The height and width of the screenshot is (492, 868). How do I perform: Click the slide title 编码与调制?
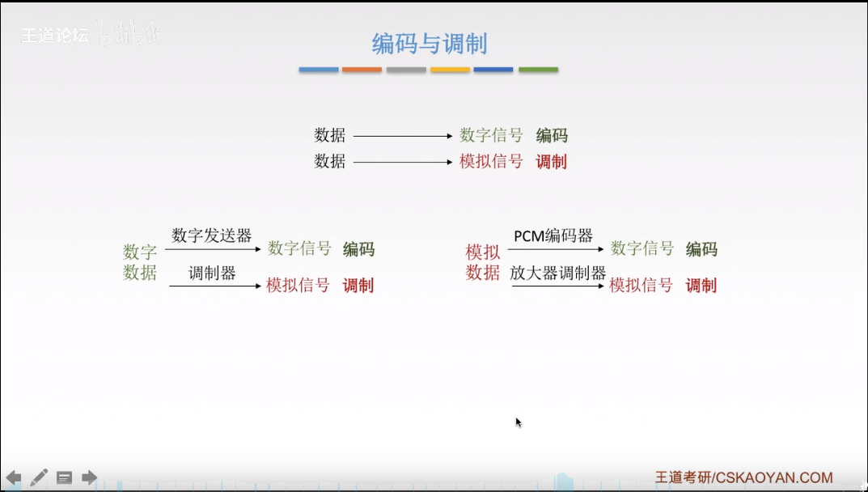click(x=429, y=43)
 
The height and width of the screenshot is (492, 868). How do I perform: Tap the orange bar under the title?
click(x=362, y=70)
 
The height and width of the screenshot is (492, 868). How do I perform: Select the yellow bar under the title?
click(x=450, y=70)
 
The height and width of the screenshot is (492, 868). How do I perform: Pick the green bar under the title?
click(x=538, y=70)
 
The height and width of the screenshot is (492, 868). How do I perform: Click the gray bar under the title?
click(x=406, y=70)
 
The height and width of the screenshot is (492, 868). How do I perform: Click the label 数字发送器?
click(x=212, y=235)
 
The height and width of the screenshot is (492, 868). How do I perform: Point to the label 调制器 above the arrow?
click(x=212, y=273)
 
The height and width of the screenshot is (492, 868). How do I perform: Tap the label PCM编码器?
click(x=553, y=235)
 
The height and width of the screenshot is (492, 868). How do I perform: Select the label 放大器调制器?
click(x=557, y=273)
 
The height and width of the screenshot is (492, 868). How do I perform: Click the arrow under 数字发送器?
click(x=214, y=249)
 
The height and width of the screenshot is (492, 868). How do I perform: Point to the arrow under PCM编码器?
click(x=556, y=249)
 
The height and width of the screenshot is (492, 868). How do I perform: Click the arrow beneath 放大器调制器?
click(x=558, y=286)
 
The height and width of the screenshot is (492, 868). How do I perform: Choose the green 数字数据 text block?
click(x=140, y=262)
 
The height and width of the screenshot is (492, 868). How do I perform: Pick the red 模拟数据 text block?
click(x=483, y=262)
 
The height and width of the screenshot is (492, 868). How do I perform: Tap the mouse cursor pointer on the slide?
click(x=518, y=422)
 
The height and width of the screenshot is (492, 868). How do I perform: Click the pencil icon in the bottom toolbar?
click(x=39, y=477)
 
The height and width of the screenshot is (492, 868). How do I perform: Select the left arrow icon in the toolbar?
click(x=14, y=477)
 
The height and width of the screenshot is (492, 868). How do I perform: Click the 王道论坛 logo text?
click(x=54, y=36)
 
